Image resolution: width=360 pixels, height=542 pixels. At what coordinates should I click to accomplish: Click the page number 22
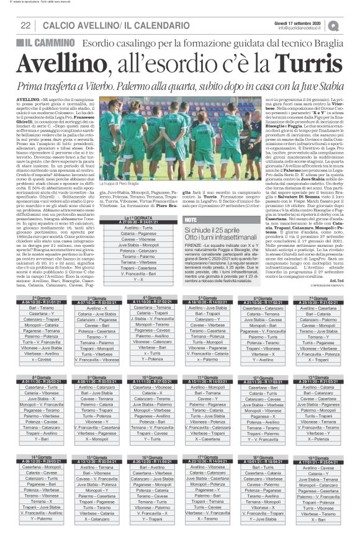click(26, 24)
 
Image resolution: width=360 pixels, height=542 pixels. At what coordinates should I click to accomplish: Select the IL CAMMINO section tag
click(39, 41)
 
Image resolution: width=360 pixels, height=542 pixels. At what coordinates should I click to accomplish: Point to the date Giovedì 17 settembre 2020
click(302, 21)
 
